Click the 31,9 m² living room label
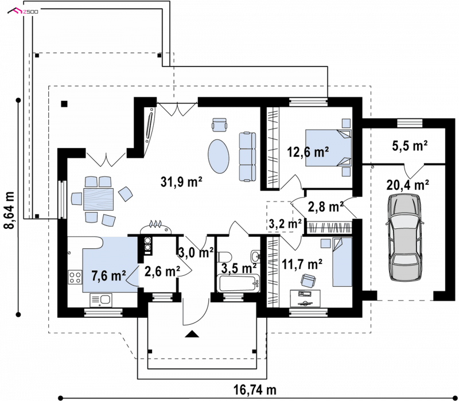(x=181, y=181)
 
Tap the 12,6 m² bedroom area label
(x=308, y=152)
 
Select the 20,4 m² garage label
(x=408, y=185)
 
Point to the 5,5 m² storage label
(x=410, y=146)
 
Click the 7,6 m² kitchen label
(x=108, y=275)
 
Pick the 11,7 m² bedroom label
(x=302, y=264)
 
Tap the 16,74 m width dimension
(x=255, y=390)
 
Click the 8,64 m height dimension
(x=9, y=210)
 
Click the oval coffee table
(x=219, y=156)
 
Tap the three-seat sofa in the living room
(x=247, y=157)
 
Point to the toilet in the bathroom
(x=225, y=257)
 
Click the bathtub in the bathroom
(x=238, y=283)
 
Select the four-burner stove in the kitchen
(x=75, y=277)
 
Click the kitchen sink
(x=101, y=300)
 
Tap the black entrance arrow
(x=192, y=334)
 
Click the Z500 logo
(x=23, y=11)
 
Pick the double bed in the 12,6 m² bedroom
(x=328, y=148)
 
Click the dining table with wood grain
(x=98, y=199)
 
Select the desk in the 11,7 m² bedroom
(x=305, y=298)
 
